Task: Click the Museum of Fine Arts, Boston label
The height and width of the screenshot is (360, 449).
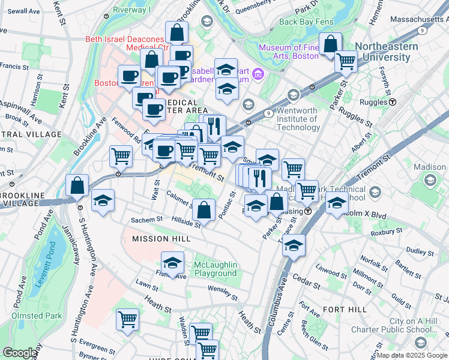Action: pyautogui.click(x=291, y=52)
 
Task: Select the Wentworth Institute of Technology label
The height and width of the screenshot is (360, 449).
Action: pyautogui.click(x=291, y=122)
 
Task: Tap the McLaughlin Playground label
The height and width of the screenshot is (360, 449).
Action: pyautogui.click(x=215, y=269)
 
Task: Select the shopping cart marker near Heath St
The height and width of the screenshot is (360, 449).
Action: pyautogui.click(x=127, y=319)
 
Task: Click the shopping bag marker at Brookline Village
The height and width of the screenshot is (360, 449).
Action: pyautogui.click(x=77, y=184)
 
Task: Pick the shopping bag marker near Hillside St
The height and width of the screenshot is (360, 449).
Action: pyautogui.click(x=204, y=209)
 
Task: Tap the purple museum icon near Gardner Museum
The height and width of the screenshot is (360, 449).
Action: pyautogui.click(x=258, y=75)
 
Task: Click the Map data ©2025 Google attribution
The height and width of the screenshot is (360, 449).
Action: pyautogui.click(x=412, y=355)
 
